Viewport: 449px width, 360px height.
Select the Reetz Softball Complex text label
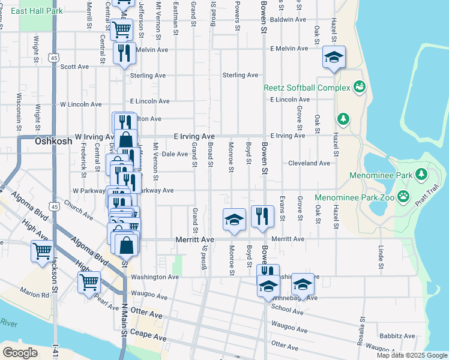[307, 88]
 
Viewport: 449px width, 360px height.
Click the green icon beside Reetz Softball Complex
[360, 88]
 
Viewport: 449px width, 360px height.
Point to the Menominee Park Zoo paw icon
[404, 196]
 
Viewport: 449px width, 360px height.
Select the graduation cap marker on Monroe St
[234, 219]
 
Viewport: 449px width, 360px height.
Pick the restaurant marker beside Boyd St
[262, 216]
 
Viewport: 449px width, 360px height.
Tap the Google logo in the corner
[20, 353]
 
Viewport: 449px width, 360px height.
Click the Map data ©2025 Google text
[411, 355]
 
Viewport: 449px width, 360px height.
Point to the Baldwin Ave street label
[288, 20]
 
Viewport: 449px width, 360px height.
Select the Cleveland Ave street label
[309, 163]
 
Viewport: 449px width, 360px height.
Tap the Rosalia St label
[361, 329]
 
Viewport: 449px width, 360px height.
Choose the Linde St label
[381, 256]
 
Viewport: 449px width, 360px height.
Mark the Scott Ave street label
[74, 67]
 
